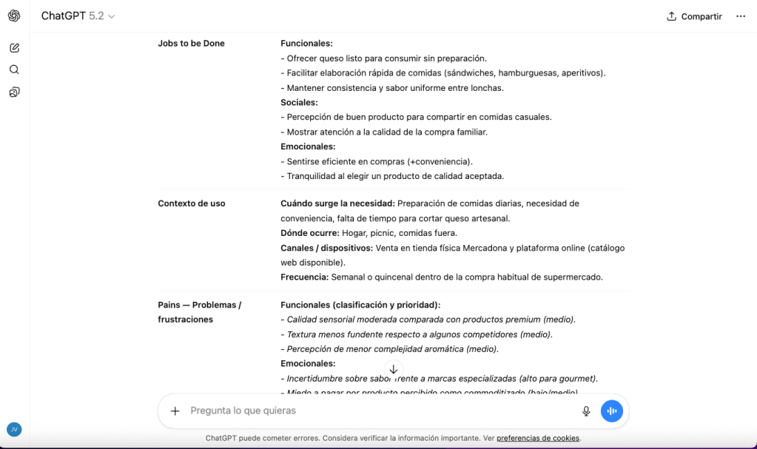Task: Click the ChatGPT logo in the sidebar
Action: [14, 16]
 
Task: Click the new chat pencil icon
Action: [14, 48]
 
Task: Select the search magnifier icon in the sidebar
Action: [14, 70]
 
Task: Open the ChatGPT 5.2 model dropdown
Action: [78, 16]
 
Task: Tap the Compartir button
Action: [694, 16]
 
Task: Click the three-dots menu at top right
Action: [741, 16]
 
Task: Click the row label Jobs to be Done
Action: [191, 44]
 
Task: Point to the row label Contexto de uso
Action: [192, 203]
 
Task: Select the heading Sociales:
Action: [299, 103]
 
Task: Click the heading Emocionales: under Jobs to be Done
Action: [308, 147]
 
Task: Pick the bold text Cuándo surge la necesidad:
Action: [337, 203]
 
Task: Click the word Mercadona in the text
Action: [484, 248]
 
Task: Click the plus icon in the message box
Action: [175, 411]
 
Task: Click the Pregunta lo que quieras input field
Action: [370, 411]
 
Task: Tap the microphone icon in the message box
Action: [586, 411]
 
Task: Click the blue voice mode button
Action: [612, 411]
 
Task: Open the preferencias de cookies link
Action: [538, 438]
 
